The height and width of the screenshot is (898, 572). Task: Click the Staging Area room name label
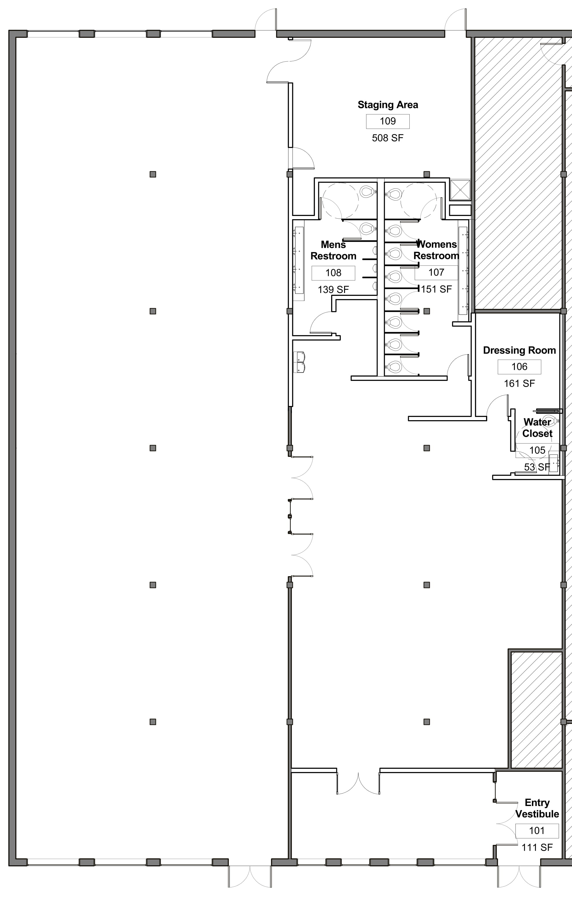point(388,105)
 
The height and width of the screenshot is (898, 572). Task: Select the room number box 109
point(388,121)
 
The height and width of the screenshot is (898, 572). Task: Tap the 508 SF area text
point(388,138)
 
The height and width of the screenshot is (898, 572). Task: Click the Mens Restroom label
point(333,250)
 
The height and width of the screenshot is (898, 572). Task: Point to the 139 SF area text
point(333,290)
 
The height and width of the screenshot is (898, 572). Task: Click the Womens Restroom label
point(436,250)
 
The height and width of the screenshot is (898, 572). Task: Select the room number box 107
point(436,273)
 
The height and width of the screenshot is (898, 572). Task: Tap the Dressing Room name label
point(520,350)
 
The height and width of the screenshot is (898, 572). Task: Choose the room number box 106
point(520,367)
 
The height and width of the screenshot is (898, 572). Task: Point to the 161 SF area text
point(520,383)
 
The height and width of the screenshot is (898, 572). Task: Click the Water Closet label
point(537,428)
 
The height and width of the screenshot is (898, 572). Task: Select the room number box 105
point(537,450)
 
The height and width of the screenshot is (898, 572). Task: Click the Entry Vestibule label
point(537,808)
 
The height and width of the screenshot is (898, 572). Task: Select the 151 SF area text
point(436,289)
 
